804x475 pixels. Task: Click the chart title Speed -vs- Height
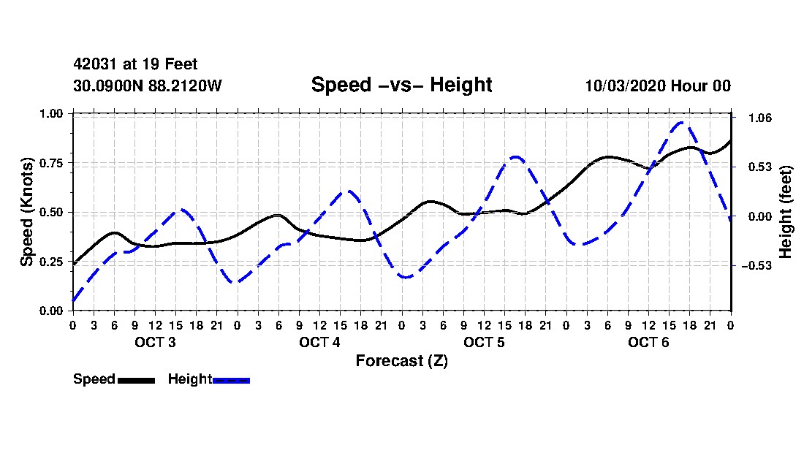coord(401,85)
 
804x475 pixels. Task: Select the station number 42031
coord(96,64)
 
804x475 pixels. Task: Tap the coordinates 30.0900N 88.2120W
coord(148,85)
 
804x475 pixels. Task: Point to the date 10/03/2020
coord(625,85)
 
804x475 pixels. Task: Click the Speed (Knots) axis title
coord(26,212)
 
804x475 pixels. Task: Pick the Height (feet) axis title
coord(785,212)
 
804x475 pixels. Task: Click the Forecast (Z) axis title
coord(401,361)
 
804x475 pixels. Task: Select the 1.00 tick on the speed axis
coord(50,113)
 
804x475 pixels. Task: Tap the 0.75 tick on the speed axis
coord(50,163)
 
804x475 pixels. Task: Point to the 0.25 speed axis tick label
coord(50,262)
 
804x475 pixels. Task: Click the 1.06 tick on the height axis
coord(760,118)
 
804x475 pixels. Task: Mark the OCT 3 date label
coord(156,342)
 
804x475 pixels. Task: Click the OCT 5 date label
coord(484,342)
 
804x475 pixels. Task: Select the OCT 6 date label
coord(648,342)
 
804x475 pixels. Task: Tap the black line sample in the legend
coord(137,381)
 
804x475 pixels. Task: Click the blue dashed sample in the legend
coord(231,381)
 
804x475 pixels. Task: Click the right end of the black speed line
coord(730,140)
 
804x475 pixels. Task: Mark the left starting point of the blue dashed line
coord(73,300)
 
